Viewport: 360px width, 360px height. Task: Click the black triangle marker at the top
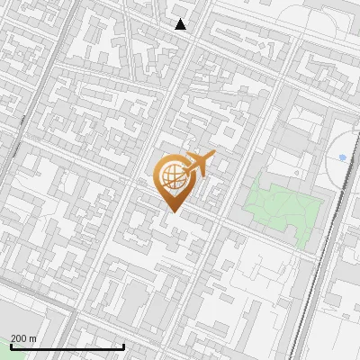(x=181, y=24)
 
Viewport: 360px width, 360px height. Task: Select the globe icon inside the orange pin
(x=173, y=176)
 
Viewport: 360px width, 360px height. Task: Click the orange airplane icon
(x=199, y=166)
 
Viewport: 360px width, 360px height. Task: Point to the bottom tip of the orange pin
(x=173, y=211)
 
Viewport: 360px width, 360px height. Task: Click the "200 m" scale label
(x=23, y=339)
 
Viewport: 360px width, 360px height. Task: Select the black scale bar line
(x=67, y=347)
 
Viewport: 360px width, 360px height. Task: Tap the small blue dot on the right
(x=342, y=157)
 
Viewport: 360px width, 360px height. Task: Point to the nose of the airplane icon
(x=213, y=156)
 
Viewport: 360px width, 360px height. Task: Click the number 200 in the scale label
(x=20, y=339)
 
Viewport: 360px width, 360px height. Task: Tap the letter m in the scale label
(x=33, y=339)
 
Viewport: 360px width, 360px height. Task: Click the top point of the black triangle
(x=181, y=19)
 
